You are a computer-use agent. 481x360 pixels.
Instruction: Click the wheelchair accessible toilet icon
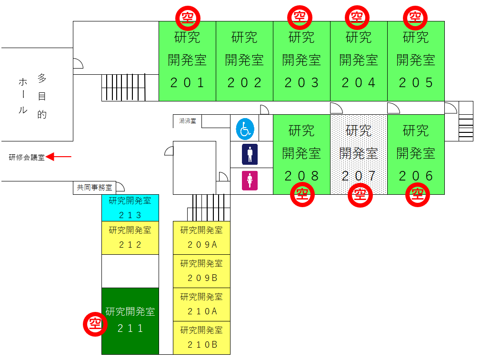245,129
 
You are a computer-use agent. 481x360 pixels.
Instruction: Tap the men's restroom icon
250,154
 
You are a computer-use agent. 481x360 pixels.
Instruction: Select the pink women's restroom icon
250,180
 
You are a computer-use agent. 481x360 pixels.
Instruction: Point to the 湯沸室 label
188,121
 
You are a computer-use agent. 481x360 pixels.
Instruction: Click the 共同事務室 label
94,187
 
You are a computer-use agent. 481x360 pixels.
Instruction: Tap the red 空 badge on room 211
95,324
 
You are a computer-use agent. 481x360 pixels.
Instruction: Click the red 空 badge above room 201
188,18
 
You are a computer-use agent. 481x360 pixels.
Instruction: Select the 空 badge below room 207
360,195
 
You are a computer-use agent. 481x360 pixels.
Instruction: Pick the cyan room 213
130,208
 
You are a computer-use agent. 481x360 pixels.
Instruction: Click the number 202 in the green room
244,83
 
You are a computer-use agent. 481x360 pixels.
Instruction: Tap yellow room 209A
201,238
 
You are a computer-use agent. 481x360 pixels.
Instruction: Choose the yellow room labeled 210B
201,338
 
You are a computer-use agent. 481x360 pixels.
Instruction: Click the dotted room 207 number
359,176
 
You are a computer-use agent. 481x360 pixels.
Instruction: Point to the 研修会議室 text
27,157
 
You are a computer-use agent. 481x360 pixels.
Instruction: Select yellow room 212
130,238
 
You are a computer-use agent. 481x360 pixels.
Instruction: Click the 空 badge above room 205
415,18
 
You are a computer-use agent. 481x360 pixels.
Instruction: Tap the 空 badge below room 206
418,195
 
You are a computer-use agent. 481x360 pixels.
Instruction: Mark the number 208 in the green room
301,176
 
